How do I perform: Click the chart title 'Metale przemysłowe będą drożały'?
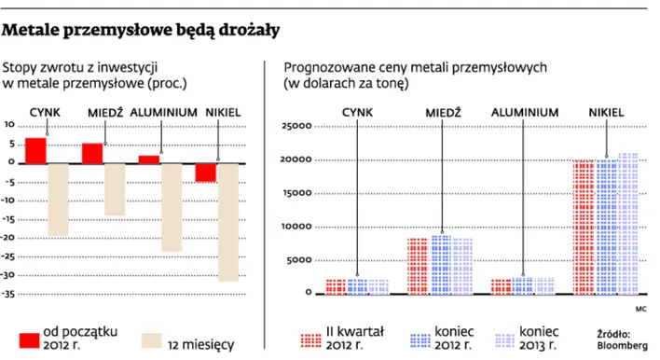click(x=142, y=32)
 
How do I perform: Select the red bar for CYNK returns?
click(x=35, y=150)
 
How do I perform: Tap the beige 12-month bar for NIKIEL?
click(x=228, y=221)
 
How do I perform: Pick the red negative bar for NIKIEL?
click(x=206, y=172)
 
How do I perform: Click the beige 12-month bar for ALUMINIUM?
click(x=172, y=206)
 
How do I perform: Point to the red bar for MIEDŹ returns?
click(x=92, y=153)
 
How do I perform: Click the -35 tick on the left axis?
click(x=10, y=294)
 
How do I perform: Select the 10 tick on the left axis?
click(x=10, y=125)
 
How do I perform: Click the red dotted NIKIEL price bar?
click(x=584, y=227)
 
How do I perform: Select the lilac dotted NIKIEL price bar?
click(x=628, y=223)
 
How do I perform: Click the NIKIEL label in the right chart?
click(x=606, y=113)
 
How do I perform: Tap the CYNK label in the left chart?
click(x=45, y=113)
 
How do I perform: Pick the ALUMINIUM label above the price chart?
click(x=525, y=113)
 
